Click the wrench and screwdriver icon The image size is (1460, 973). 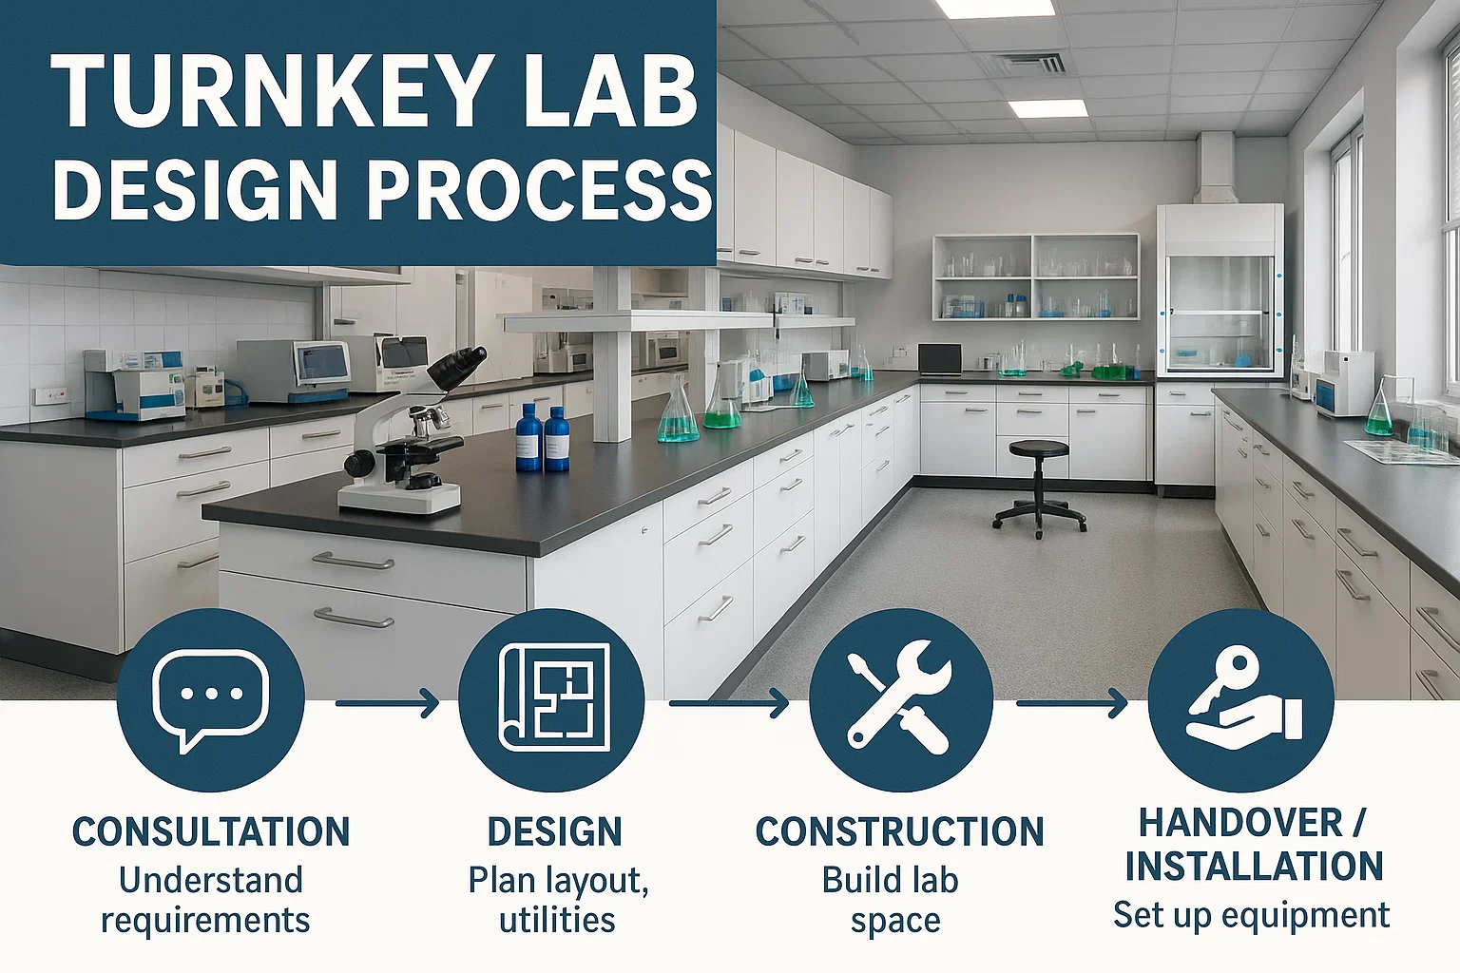(x=899, y=700)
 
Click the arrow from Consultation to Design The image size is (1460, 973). (x=387, y=703)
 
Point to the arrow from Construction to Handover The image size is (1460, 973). (x=1072, y=703)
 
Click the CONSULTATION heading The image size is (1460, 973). (x=210, y=831)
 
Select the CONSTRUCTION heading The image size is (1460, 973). (x=899, y=831)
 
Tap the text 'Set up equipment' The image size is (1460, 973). (x=1252, y=916)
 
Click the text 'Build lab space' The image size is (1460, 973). (x=892, y=900)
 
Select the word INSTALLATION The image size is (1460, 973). (x=1254, y=867)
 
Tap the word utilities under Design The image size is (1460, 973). (x=557, y=920)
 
